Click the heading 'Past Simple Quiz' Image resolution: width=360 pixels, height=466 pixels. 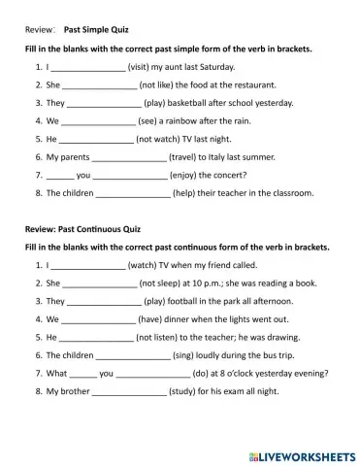[x=99, y=30]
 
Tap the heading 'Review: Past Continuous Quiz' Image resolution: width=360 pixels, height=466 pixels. [x=83, y=230]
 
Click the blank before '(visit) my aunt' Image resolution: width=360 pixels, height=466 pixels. [x=88, y=69]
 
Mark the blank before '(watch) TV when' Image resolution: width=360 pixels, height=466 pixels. [x=88, y=265]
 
